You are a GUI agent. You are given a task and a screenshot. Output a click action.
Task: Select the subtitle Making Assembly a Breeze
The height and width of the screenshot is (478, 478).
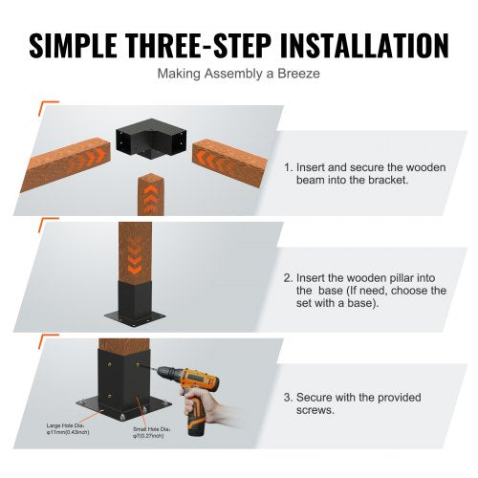click(238, 74)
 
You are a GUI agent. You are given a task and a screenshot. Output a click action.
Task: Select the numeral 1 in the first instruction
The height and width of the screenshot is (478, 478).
click(288, 166)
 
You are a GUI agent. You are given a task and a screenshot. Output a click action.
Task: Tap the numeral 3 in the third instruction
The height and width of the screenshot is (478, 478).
click(288, 394)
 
